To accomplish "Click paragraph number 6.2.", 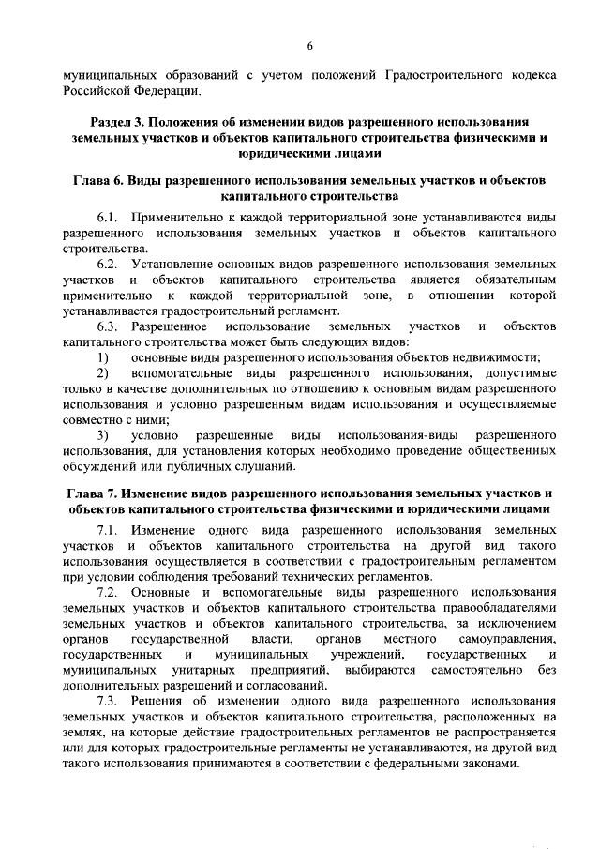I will tap(111, 265).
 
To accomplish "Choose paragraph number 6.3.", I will tap(111, 326).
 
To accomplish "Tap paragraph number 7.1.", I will tap(111, 531).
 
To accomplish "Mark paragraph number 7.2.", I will tap(111, 593).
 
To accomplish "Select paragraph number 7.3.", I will tap(111, 702).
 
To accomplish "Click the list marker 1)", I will tap(103, 356).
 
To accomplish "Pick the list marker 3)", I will tap(103, 435).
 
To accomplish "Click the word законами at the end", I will tap(486, 764).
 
